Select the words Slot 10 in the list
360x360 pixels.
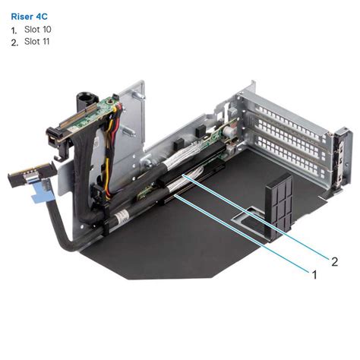[x=38, y=29]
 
